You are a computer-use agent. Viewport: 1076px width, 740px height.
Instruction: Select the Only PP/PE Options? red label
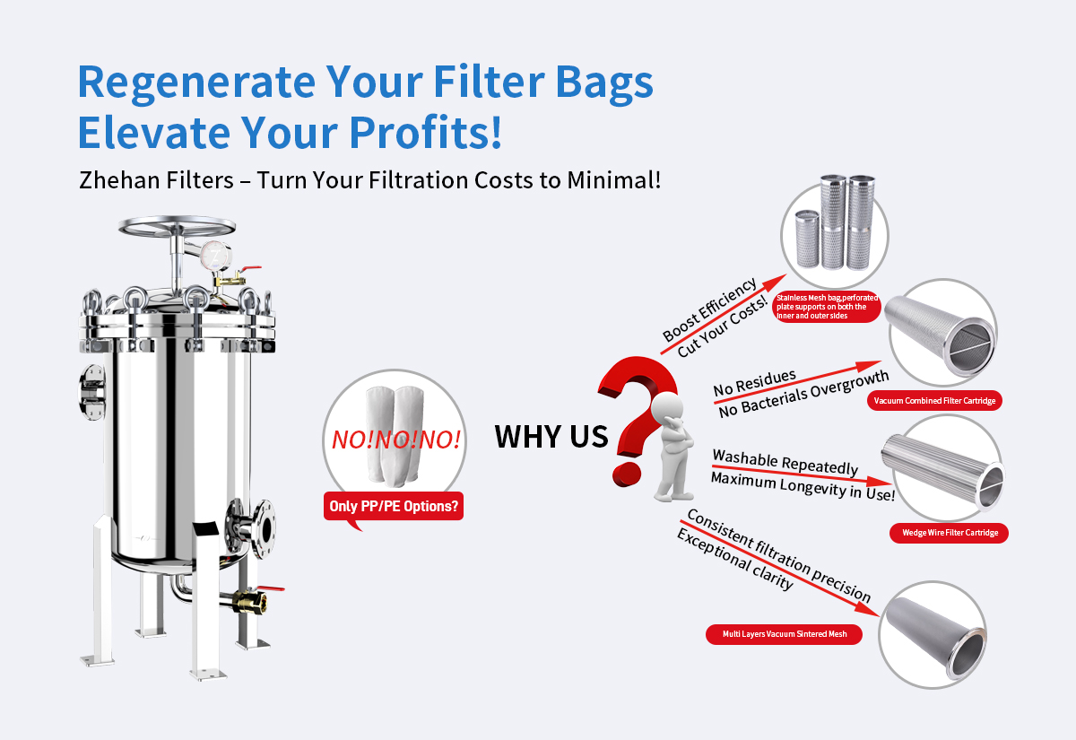coord(395,507)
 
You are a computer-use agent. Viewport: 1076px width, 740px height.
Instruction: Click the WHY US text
coord(551,437)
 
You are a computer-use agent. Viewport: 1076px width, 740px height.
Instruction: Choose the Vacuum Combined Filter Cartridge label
coord(933,401)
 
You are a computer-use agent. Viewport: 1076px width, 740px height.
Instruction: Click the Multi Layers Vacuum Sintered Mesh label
coord(785,634)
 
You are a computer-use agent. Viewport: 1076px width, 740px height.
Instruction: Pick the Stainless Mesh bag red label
coord(826,306)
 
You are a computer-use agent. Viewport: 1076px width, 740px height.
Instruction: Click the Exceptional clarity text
coord(734,560)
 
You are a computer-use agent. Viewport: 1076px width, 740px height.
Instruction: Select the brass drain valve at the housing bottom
coord(245,599)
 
